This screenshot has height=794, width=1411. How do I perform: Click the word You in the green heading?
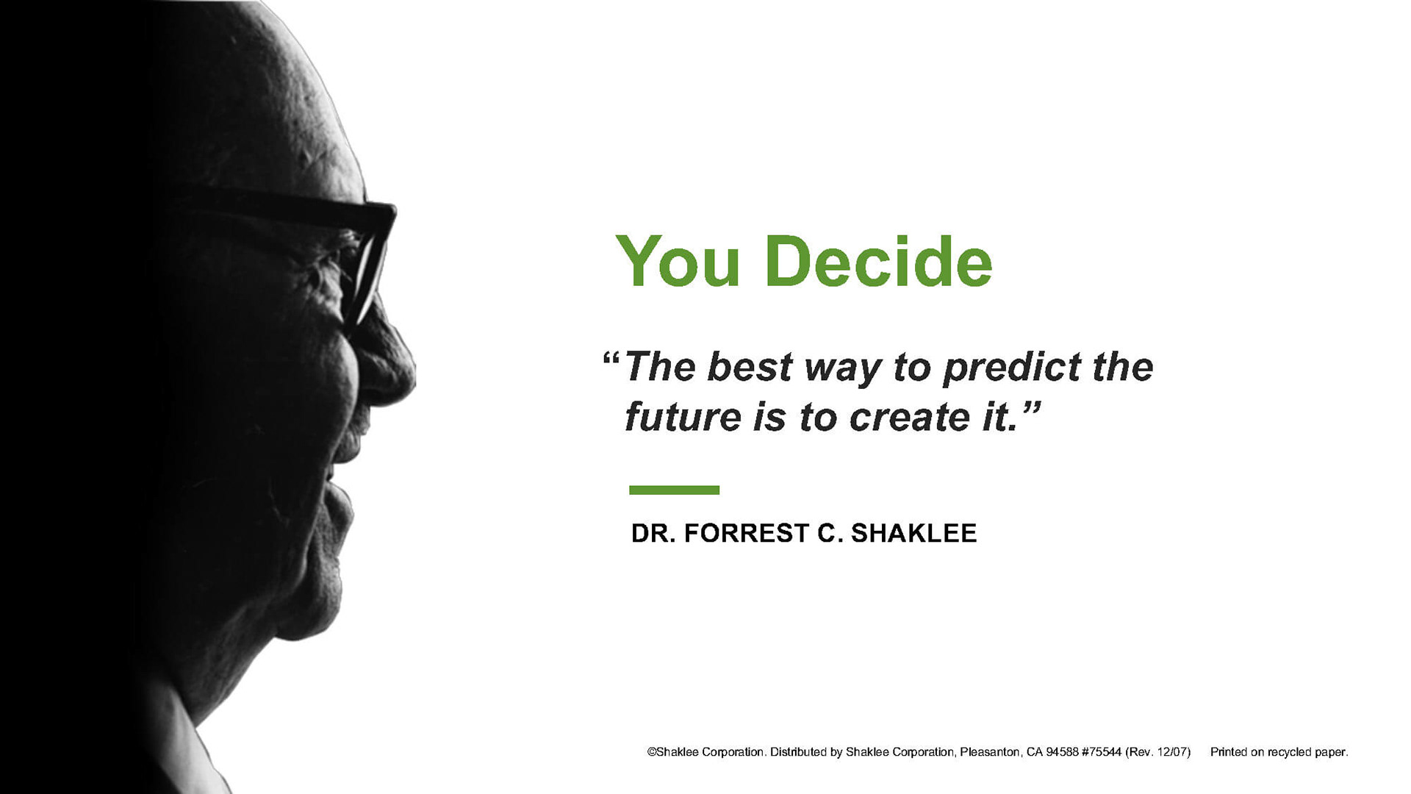pos(678,262)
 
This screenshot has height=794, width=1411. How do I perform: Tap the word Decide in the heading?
pos(879,261)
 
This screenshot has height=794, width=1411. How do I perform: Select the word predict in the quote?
pos(1012,368)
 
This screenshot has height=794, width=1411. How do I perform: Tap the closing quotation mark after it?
pos(1032,407)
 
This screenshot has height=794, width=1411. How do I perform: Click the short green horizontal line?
pos(674,490)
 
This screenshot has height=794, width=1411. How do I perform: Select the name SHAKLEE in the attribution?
pos(913,533)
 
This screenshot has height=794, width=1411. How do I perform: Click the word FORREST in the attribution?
pos(747,533)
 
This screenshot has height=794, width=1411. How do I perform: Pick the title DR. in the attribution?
pos(653,533)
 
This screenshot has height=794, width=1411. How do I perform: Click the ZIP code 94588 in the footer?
pos(1062,752)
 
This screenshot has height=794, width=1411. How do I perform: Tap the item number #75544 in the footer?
pos(1102,752)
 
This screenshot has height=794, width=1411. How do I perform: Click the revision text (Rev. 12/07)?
pos(1157,752)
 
